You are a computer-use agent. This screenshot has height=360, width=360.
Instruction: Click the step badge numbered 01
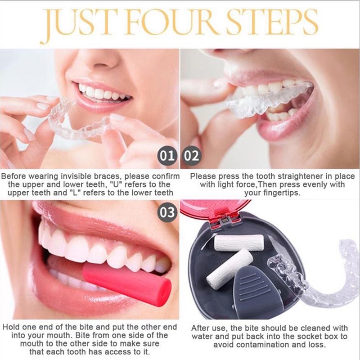click(167, 156)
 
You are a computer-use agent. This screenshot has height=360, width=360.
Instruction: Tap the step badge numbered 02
click(191, 156)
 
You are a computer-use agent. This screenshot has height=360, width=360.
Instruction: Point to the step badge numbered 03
click(167, 212)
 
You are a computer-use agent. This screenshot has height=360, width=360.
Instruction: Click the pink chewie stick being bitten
click(127, 282)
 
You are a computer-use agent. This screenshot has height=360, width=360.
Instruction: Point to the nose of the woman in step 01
click(103, 60)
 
